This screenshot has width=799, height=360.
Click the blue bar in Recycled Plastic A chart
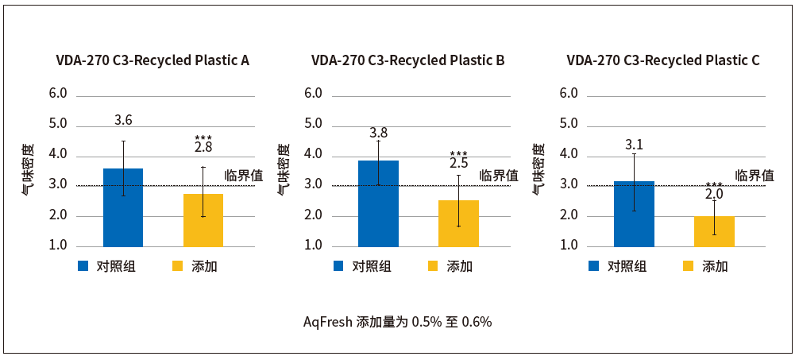[x=123, y=207]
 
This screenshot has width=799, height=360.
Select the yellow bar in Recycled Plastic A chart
[x=203, y=220]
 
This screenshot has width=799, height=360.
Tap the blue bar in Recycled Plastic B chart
[x=378, y=203]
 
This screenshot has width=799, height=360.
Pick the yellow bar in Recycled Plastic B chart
[x=458, y=223]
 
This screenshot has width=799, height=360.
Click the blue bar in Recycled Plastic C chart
[x=634, y=214]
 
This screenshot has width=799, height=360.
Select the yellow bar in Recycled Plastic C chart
[x=714, y=231]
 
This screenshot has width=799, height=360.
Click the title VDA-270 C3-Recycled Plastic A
[x=152, y=60]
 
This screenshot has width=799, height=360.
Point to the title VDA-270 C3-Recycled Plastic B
[x=407, y=60]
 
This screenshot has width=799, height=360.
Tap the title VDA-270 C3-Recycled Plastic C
[x=663, y=60]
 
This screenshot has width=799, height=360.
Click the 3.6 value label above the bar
[x=123, y=121]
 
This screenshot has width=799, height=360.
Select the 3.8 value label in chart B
[x=378, y=133]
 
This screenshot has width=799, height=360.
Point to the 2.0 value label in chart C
[x=714, y=194]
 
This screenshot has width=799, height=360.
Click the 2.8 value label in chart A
[x=203, y=148]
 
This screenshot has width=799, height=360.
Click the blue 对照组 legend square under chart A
[x=83, y=266]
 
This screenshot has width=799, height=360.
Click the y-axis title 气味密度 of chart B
[x=284, y=169]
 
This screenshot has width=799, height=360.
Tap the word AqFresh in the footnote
[x=328, y=322]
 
